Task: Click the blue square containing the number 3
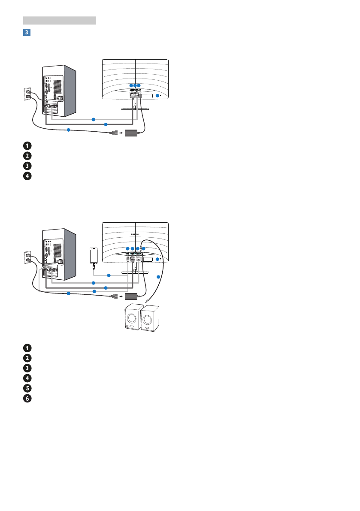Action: [27, 32]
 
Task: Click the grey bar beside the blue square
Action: [59, 20]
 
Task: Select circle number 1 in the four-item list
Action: [27, 145]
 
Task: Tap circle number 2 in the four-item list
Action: [27, 155]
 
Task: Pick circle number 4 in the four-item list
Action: [27, 175]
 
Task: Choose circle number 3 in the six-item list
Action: [27, 367]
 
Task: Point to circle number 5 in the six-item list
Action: [27, 387]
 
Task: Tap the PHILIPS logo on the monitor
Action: [135, 235]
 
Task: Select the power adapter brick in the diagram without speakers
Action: [133, 133]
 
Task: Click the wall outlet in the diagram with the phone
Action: [28, 258]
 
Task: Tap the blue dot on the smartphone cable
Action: [109, 275]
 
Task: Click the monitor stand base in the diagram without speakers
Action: [135, 109]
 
